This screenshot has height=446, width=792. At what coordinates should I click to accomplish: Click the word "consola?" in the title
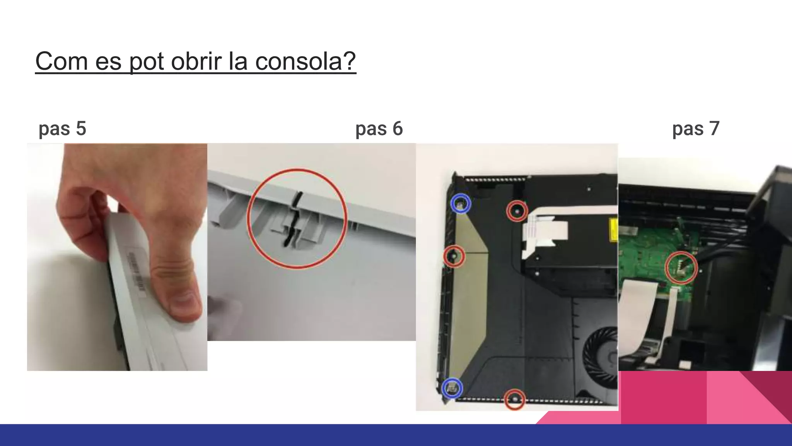pos(305,61)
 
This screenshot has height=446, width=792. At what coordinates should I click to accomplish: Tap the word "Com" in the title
pos(61,61)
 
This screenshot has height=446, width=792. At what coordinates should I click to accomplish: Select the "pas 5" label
pos(62,129)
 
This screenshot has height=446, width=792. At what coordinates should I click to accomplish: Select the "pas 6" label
pos(379,129)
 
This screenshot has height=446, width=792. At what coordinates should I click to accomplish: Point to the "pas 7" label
pos(696,129)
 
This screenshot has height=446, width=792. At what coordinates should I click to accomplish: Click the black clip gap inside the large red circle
pos(293,221)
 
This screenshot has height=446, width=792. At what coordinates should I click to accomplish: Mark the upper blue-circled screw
pos(461,204)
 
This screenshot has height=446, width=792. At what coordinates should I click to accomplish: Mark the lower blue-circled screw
pos(452,388)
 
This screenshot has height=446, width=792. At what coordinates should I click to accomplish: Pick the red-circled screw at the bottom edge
pos(515,399)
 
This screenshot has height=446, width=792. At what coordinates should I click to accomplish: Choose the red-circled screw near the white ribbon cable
pos(517,211)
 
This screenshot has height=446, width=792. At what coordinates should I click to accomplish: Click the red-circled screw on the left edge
pos(454,256)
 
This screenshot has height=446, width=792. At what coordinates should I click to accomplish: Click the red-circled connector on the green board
pos(681,268)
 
